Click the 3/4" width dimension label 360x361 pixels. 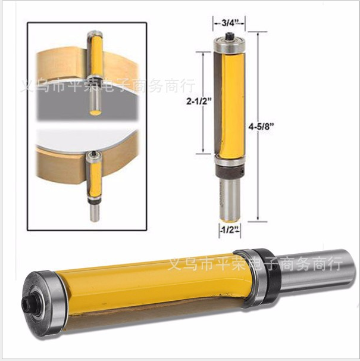[229, 23]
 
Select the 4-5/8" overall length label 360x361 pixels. [262, 126]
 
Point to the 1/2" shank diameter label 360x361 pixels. [230, 229]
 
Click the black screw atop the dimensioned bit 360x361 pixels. [230, 36]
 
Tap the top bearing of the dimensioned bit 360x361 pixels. [229, 45]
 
